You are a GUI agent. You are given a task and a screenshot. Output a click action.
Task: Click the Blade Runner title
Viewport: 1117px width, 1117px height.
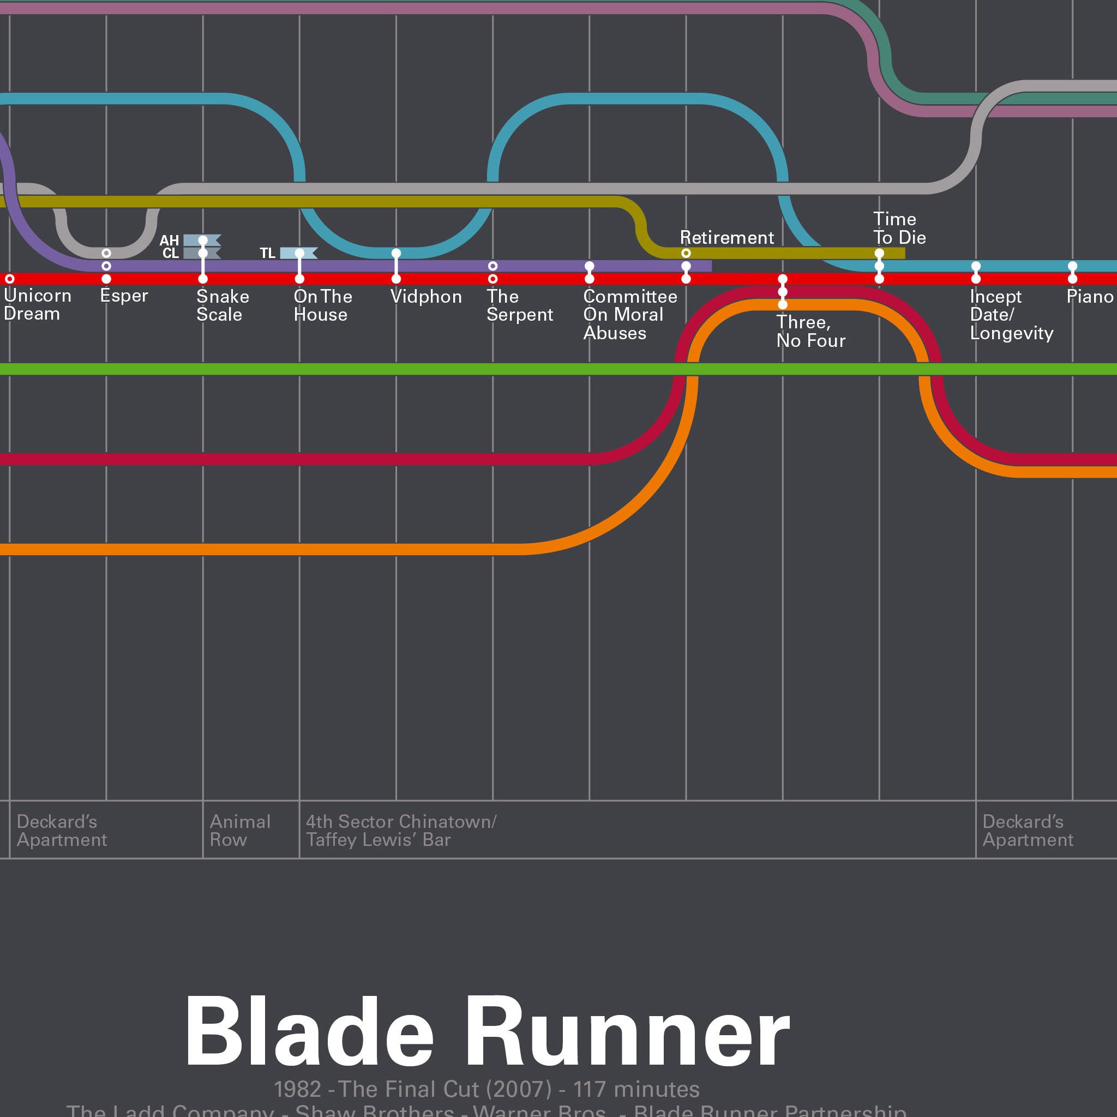(x=487, y=1031)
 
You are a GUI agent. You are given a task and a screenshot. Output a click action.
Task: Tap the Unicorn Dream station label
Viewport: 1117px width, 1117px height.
(x=37, y=305)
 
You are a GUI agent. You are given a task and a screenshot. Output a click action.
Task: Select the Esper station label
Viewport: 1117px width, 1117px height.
(x=124, y=296)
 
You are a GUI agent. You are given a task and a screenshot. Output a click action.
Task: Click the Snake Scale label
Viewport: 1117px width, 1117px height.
(x=223, y=305)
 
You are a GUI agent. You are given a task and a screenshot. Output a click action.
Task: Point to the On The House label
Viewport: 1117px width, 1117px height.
(x=323, y=305)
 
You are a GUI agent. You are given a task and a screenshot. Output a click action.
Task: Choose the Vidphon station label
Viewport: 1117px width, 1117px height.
(x=426, y=297)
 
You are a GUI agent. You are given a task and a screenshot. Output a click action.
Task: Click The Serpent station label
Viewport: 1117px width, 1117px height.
(x=519, y=305)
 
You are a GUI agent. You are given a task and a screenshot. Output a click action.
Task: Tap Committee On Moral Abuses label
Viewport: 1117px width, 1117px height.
(x=629, y=315)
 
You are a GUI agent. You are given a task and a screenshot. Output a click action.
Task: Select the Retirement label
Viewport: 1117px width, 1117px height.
(x=726, y=238)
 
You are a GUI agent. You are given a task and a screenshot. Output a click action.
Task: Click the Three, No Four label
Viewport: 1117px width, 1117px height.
(x=810, y=331)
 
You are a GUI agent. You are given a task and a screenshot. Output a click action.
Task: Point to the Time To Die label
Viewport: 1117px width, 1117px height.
(x=899, y=229)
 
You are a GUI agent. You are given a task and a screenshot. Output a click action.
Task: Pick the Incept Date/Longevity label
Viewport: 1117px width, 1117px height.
(x=1011, y=315)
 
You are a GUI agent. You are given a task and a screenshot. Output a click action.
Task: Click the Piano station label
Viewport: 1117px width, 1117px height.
(x=1090, y=297)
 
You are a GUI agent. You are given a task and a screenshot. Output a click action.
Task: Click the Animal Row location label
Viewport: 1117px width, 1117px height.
(x=240, y=830)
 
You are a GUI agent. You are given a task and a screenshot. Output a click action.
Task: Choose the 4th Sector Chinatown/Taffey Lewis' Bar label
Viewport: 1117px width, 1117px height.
(x=401, y=830)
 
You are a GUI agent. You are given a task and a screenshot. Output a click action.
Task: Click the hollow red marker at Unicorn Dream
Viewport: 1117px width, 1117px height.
(x=10, y=279)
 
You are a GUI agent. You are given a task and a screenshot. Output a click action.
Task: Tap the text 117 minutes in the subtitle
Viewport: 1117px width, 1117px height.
(x=636, y=1089)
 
